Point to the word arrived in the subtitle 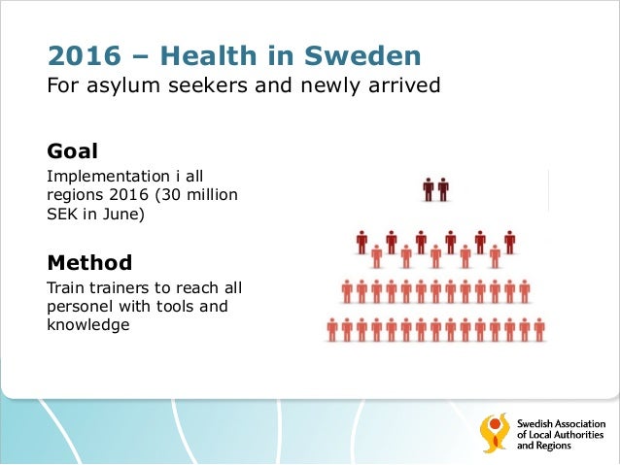click(x=406, y=86)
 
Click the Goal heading click(x=72, y=151)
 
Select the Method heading click(x=89, y=262)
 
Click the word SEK click(x=63, y=215)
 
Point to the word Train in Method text click(x=65, y=288)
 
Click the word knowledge click(x=88, y=325)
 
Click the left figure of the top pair click(x=429, y=188)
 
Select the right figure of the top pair click(x=443, y=188)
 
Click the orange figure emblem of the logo click(x=495, y=433)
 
